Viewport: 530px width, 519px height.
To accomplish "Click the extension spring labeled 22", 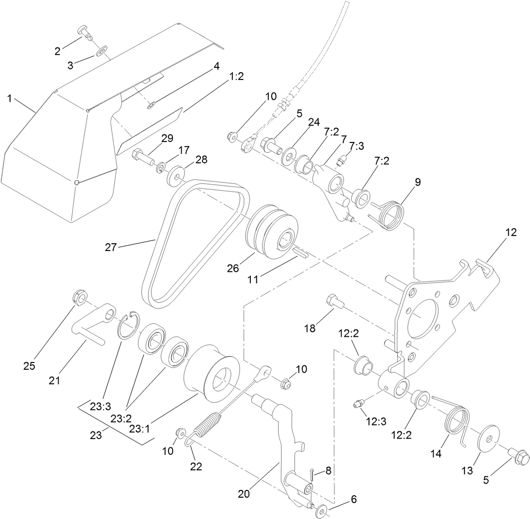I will click(x=205, y=425).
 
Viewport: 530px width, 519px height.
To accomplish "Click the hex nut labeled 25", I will click(x=78, y=297).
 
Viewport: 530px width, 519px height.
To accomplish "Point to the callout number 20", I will click(x=243, y=495).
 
